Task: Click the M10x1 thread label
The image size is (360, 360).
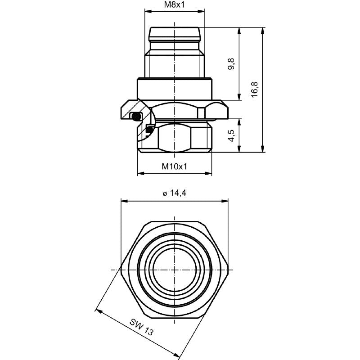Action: coord(174,166)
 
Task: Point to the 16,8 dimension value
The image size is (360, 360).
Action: coord(255,90)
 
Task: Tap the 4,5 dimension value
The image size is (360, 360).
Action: coord(232,135)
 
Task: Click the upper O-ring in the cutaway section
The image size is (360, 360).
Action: coord(135,117)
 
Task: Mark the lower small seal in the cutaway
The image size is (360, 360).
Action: coord(149,130)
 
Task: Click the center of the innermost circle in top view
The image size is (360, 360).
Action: coord(174,269)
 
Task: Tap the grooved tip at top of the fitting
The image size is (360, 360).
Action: coord(174,35)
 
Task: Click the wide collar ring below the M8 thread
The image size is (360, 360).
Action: coord(174,87)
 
